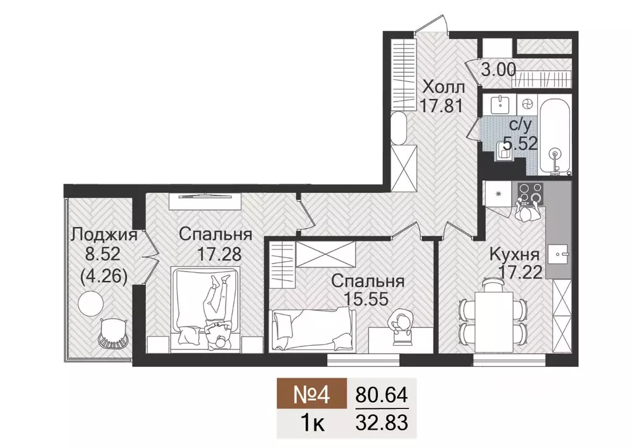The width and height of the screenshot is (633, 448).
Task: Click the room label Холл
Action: (x=443, y=85)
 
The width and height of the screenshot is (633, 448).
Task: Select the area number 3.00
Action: (x=498, y=70)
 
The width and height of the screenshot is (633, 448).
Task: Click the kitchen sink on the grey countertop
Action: (x=561, y=252)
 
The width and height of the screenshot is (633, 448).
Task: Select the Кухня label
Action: (x=515, y=254)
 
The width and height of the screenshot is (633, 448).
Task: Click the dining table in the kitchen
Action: (x=493, y=316)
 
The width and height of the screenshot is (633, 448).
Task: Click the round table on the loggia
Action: (x=91, y=304)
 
